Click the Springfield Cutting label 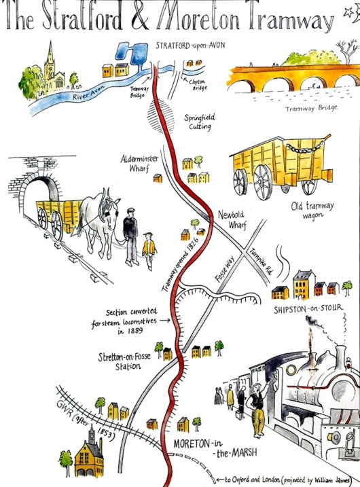tap(199, 122)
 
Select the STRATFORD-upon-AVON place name tap(190, 46)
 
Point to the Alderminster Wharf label tap(139, 164)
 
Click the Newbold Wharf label tap(232, 219)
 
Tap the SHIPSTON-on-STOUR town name tap(308, 308)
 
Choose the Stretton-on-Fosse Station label tap(124, 361)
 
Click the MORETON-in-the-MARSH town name tap(215, 448)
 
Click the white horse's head tap(111, 211)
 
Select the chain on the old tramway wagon tap(306, 146)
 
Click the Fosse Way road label tap(226, 269)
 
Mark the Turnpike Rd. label tap(262, 261)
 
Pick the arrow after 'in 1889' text tap(166, 320)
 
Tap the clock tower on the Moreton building tap(92, 435)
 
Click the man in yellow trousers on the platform tap(257, 410)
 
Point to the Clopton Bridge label tap(197, 85)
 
